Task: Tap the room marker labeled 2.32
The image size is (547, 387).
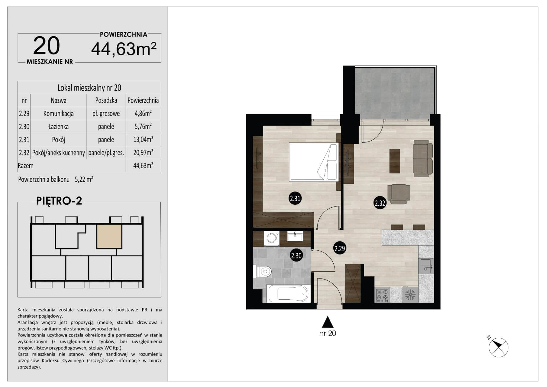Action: (380, 203)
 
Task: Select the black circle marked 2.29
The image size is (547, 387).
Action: (340, 249)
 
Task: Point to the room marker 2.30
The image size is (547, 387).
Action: (296, 256)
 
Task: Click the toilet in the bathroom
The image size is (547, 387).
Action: (262, 271)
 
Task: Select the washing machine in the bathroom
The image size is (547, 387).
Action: (271, 239)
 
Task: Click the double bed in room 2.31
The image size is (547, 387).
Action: (314, 162)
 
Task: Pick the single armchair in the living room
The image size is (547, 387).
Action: (399, 194)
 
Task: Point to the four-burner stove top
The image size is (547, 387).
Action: (382, 294)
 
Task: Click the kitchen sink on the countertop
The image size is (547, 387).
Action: (426, 266)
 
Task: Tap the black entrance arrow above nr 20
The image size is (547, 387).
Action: (327, 322)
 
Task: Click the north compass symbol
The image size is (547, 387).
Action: (498, 347)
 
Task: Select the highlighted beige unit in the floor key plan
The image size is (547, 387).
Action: (109, 236)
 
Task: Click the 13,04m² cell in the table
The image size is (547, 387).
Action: (143, 139)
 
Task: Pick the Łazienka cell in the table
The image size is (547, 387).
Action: (59, 127)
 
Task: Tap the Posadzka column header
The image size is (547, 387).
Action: (106, 100)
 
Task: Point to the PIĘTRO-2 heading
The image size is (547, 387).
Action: (59, 201)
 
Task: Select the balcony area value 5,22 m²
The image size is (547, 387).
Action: (84, 179)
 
